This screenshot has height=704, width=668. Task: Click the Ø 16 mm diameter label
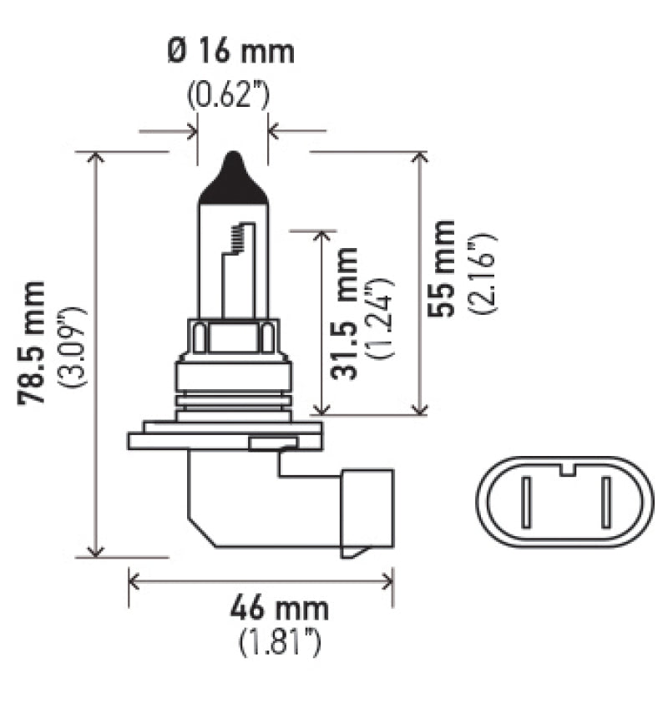click(231, 52)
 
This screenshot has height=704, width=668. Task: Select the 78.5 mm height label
click(34, 343)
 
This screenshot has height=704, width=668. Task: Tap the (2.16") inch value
click(483, 272)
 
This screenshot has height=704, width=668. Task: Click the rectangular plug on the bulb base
click(365, 509)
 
